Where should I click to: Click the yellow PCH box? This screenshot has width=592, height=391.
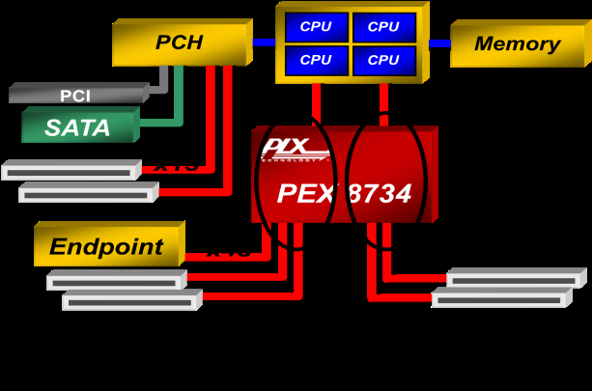[181, 42]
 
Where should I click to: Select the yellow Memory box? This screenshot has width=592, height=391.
[517, 43]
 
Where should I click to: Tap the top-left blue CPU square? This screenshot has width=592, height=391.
[316, 27]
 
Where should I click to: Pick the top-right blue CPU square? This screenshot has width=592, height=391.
[383, 27]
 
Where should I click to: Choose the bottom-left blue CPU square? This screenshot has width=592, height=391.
[316, 60]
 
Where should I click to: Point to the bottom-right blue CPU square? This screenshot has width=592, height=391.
[383, 60]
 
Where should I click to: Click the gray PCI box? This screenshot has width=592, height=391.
[75, 96]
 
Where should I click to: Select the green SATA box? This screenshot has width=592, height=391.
[77, 126]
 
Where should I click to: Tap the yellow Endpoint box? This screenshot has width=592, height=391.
[106, 246]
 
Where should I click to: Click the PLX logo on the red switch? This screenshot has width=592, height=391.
[284, 149]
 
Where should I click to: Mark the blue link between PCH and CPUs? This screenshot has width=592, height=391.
[264, 42]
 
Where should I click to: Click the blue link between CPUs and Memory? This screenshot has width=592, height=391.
[439, 43]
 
